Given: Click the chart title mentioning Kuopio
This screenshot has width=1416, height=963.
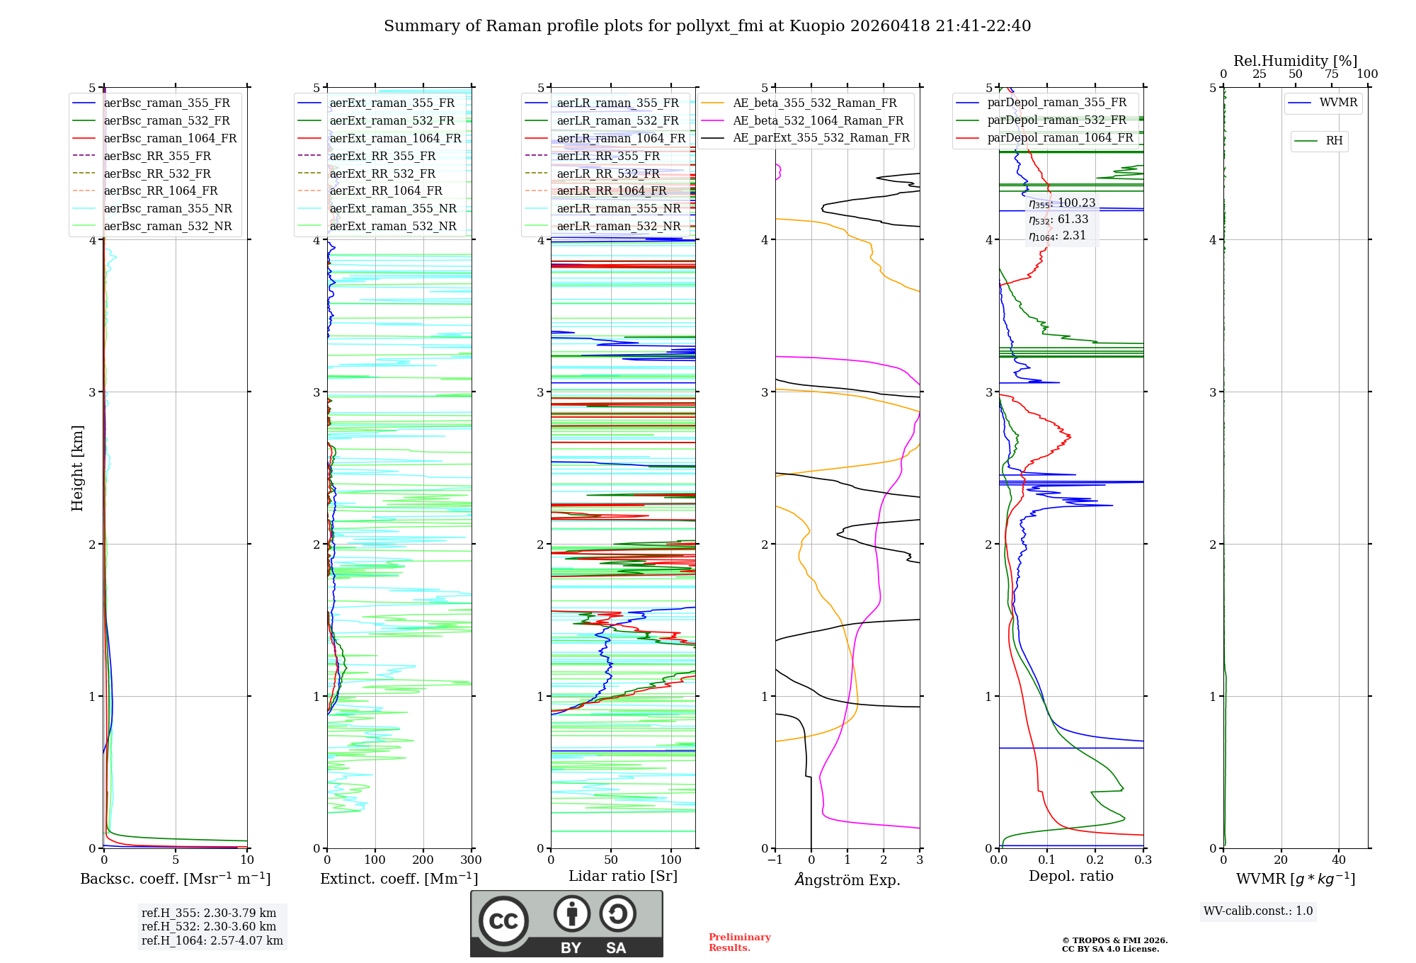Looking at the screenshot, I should [x=707, y=26].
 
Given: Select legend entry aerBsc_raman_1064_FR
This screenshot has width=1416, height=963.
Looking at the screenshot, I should [x=170, y=139].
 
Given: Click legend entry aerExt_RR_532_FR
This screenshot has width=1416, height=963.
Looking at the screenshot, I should [x=382, y=173].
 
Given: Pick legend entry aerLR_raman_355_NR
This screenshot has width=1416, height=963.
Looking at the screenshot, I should [x=618, y=209].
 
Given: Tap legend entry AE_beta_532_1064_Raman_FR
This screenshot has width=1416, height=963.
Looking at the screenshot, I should [x=818, y=121].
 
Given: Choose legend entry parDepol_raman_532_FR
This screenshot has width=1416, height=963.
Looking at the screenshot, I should [x=1056, y=120].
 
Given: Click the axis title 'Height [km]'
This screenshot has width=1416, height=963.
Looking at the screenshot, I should [x=77, y=468].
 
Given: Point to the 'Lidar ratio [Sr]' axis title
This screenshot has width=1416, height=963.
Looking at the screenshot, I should [x=623, y=876].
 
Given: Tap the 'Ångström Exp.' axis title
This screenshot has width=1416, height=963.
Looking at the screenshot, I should [x=847, y=879].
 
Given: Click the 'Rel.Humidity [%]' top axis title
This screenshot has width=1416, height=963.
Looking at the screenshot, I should [x=1295, y=61].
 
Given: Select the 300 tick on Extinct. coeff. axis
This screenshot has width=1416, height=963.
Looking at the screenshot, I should [x=471, y=860].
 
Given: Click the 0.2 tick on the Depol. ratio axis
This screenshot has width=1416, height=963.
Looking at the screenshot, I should [x=1095, y=860].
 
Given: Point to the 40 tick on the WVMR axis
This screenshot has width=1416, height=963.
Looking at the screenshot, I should [x=1339, y=860].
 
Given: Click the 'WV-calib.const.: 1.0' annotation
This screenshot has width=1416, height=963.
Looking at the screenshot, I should [x=1258, y=911].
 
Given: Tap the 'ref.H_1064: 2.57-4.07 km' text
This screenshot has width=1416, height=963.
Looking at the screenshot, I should [x=212, y=941].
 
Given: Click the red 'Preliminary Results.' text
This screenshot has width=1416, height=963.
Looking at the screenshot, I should [x=739, y=942].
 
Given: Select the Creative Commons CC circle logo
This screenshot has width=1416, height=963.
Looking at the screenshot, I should [x=503, y=921].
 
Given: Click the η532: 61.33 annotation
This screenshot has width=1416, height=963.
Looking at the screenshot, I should [x=1058, y=220].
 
